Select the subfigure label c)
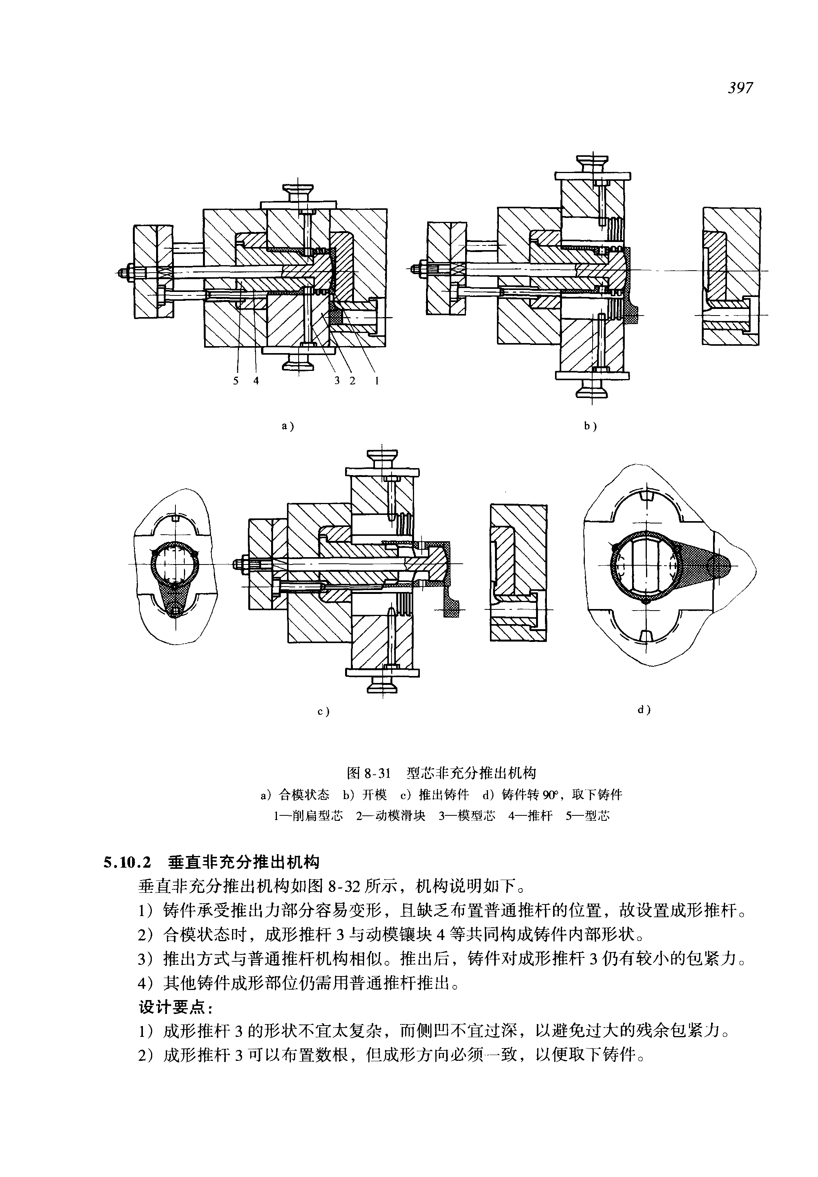click(323, 711)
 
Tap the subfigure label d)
click(644, 710)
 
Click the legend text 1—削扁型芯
click(309, 816)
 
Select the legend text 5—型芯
click(588, 816)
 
